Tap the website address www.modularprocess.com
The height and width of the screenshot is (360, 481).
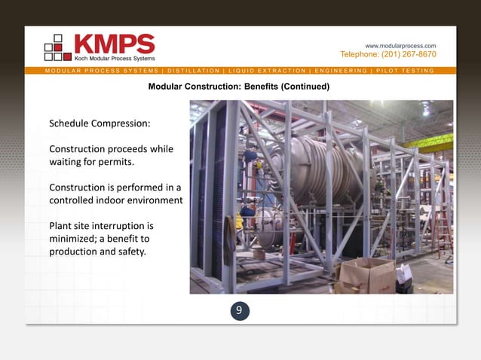coord(400,45)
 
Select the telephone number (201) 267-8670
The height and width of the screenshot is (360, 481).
coord(388,54)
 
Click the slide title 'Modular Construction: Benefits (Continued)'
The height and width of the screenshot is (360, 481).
coord(239,87)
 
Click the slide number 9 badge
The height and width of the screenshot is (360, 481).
coord(239,310)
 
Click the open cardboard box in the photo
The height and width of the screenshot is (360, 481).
coord(369,274)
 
